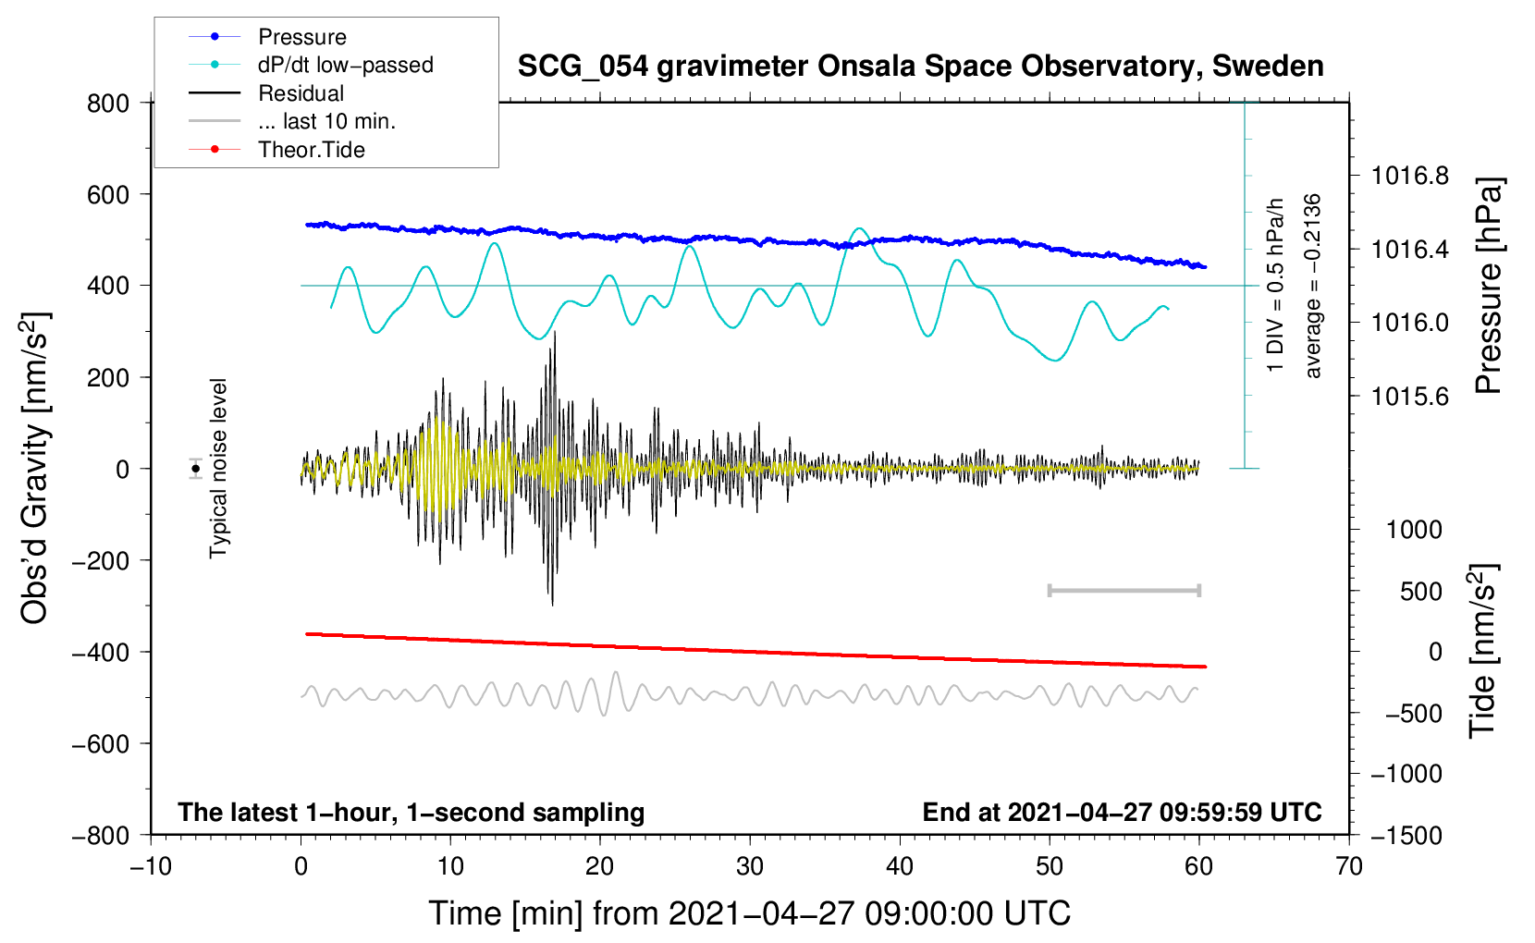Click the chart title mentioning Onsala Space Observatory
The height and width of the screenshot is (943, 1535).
coord(920,67)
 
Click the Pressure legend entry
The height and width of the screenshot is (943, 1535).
coord(301,37)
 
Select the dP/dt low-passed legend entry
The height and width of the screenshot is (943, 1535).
coord(345,65)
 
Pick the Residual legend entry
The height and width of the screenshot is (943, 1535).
coord(301,93)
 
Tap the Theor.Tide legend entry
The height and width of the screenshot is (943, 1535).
coord(311,150)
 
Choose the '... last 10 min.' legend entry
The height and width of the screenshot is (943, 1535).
coord(326,121)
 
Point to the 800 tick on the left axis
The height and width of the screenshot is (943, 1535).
coord(108,103)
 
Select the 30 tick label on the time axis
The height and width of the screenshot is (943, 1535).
coord(750,866)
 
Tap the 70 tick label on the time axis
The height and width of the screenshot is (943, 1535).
coord(1349,866)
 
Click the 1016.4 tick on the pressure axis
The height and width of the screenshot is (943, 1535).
coord(1410,249)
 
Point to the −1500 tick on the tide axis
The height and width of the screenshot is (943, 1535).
coord(1406,835)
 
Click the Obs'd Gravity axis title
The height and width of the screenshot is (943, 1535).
coord(35,468)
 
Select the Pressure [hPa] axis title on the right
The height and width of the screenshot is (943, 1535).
coord(1488,286)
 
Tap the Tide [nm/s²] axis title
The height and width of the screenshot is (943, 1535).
coord(1482,651)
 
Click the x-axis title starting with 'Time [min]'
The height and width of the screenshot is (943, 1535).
coord(749,913)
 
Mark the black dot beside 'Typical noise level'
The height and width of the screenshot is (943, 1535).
coord(196,469)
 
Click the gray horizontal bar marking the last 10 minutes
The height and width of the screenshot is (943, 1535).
coord(1124,590)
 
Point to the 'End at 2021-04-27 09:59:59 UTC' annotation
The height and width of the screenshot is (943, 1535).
coord(1122,812)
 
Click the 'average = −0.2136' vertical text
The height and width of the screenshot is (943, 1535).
coord(1313,286)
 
